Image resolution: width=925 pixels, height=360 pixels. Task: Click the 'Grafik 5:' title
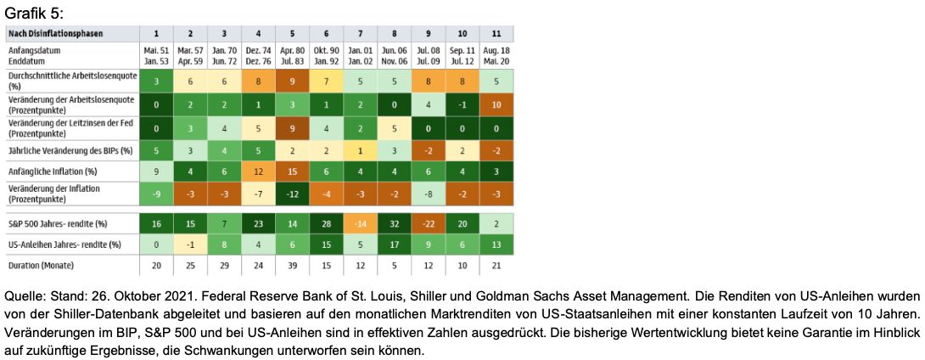[34, 13]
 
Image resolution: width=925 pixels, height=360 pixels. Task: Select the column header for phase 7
[360, 33]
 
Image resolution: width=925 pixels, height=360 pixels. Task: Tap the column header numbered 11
[496, 33]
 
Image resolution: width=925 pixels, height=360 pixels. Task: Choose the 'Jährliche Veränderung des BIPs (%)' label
[68, 149]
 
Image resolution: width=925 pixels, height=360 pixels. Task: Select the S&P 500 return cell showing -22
[429, 222]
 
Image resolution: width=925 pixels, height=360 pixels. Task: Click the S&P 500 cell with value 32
[395, 222]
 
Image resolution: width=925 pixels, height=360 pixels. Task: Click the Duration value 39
[292, 266]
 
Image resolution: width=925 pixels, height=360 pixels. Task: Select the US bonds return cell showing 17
[395, 245]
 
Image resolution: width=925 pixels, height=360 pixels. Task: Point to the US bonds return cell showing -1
[190, 245]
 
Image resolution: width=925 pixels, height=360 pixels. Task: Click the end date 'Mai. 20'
[496, 59]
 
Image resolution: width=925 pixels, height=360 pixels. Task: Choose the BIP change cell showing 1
[360, 149]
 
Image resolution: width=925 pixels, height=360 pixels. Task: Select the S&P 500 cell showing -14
[360, 222]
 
